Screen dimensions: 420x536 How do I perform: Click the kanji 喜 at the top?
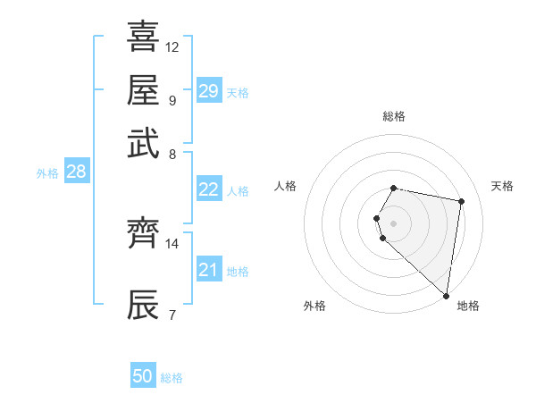tap(144, 38)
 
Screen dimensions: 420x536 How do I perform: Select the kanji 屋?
tap(144, 91)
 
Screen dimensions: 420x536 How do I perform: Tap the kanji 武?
tap(144, 144)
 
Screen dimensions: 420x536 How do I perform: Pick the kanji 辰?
tap(144, 305)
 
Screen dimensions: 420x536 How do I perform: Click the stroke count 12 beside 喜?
tap(172, 46)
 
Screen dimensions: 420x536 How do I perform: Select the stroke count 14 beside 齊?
tap(172, 243)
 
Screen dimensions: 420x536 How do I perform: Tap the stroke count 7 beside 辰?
tap(172, 314)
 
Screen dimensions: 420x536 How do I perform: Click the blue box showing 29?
tap(208, 91)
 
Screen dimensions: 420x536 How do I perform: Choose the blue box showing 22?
tap(208, 189)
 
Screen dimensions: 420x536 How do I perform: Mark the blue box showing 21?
tap(208, 270)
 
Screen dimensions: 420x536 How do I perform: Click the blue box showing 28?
tap(76, 172)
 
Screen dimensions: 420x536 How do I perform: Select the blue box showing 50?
tap(143, 376)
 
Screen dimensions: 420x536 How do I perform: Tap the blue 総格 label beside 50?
tap(172, 378)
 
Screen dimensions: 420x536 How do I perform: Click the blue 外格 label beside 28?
tap(47, 173)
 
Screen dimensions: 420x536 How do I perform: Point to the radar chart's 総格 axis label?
tap(394, 116)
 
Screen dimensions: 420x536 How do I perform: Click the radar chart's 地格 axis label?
tap(468, 306)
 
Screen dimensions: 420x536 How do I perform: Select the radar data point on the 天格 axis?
tap(461, 202)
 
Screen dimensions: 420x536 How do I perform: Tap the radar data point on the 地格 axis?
tap(446, 295)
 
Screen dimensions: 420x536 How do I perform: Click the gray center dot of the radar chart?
tap(394, 222)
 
